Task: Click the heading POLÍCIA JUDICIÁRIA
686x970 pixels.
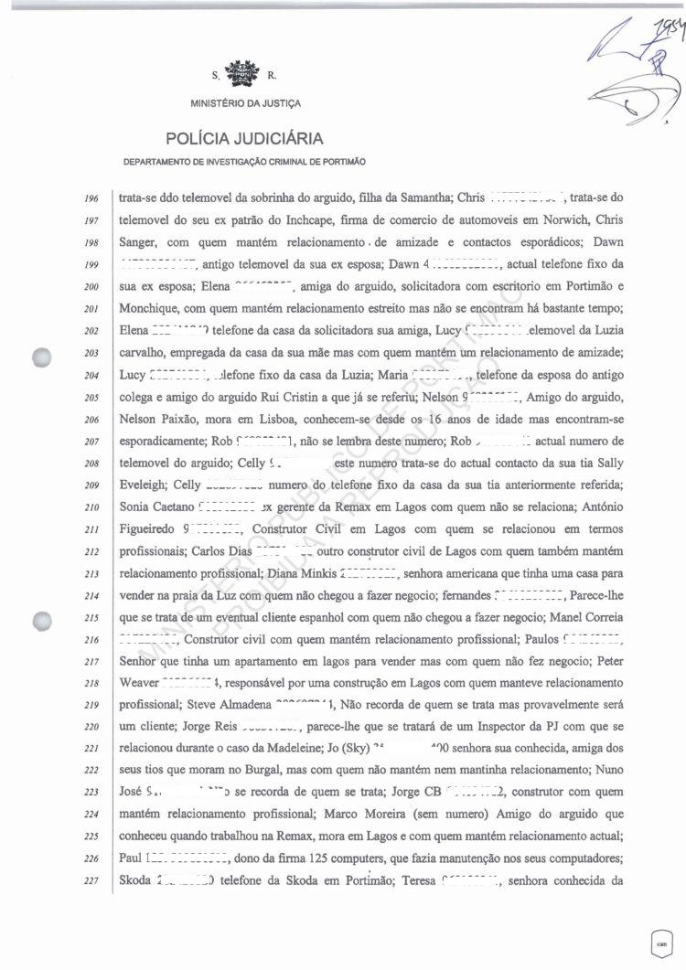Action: click(244, 139)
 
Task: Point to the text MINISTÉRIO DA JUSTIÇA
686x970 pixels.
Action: click(245, 103)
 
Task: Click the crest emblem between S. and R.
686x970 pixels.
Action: click(244, 71)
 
